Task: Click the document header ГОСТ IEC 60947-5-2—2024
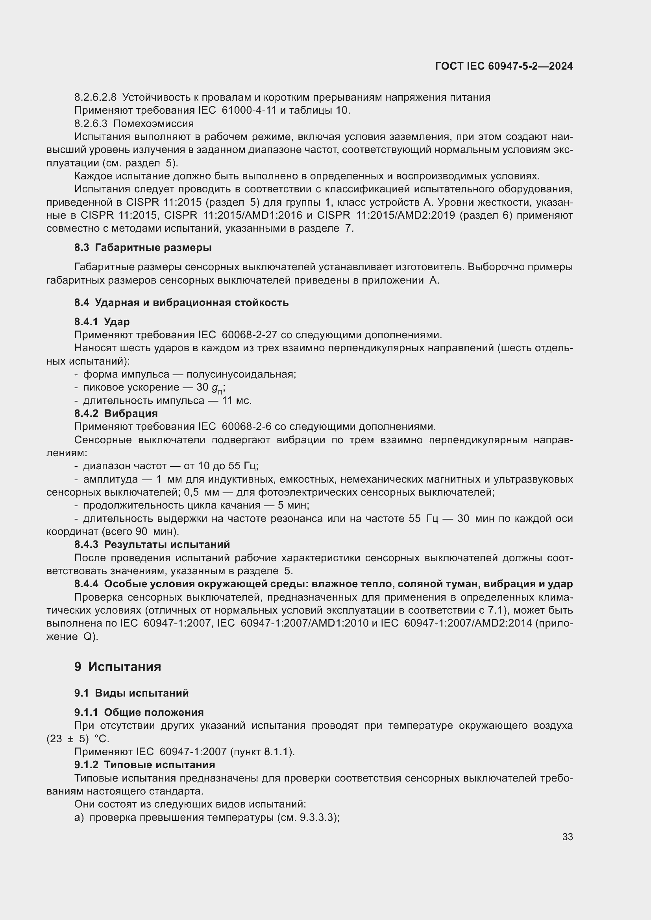click(x=504, y=66)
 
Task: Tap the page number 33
click(x=567, y=837)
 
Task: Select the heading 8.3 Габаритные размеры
click(x=143, y=248)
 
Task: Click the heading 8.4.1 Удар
click(x=102, y=322)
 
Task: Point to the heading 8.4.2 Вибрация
click(x=116, y=413)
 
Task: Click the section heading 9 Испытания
click(x=117, y=667)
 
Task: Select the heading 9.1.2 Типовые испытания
click(x=145, y=765)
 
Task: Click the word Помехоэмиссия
click(x=154, y=124)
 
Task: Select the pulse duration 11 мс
click(x=237, y=401)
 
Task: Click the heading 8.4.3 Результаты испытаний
click(x=152, y=544)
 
